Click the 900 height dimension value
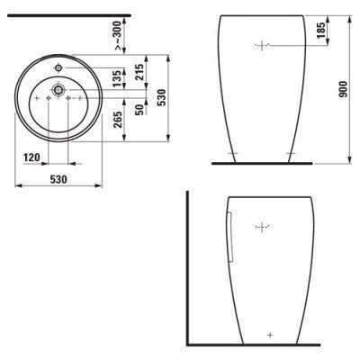pos(344,89)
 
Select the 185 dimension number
pos(320,30)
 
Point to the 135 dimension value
pos(118,78)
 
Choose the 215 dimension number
pos(139,72)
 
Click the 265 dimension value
pos(118,120)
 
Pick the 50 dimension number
pos(139,110)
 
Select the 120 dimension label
pos(32,157)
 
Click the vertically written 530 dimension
pos(162,97)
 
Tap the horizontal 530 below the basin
pos(58,179)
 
